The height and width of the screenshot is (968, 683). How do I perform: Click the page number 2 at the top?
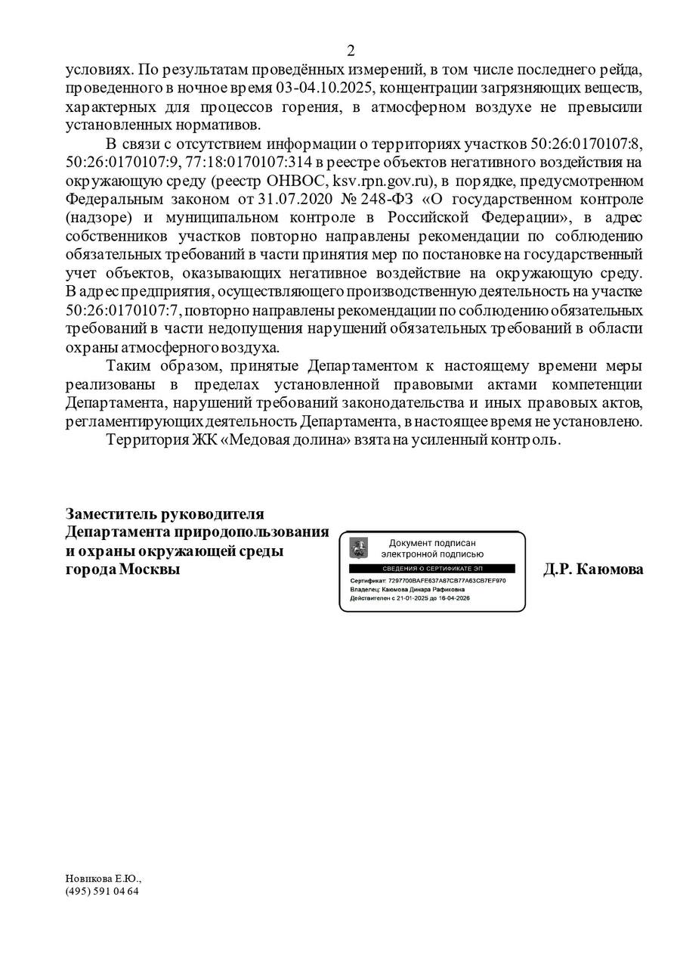(351, 51)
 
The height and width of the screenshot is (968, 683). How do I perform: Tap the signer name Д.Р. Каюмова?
(593, 569)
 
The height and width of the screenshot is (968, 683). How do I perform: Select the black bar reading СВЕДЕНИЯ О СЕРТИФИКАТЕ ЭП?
(431, 568)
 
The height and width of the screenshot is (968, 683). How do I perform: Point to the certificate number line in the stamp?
(428, 581)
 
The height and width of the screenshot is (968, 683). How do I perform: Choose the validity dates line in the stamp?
(415, 597)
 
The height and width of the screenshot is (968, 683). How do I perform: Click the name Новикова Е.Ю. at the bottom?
(103, 879)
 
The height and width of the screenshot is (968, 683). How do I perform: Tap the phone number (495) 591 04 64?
(102, 891)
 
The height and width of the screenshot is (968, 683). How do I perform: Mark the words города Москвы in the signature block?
(123, 569)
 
